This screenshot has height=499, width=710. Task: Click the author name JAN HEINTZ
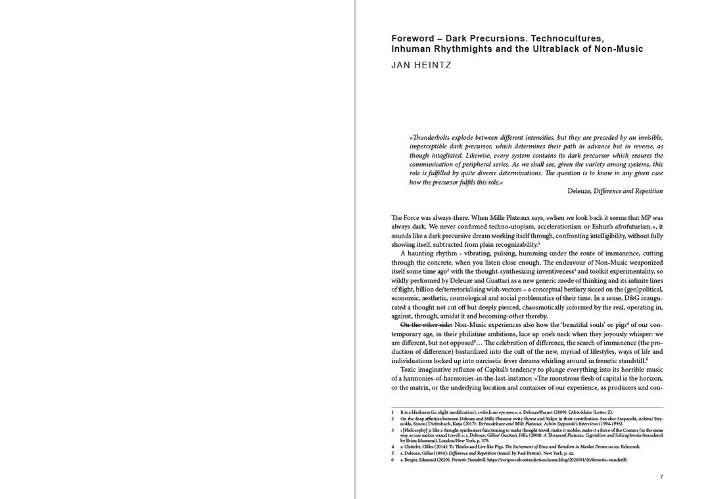click(x=421, y=65)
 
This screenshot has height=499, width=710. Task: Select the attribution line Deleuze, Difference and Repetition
click(x=615, y=191)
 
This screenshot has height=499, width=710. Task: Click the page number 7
click(x=661, y=477)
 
